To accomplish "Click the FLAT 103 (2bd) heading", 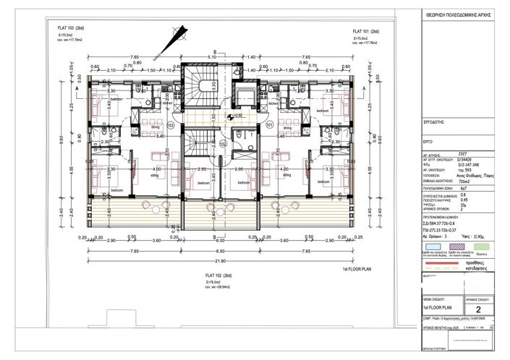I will click(72, 27).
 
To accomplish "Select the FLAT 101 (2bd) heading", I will click(366, 32).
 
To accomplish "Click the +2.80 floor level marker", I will click(235, 116).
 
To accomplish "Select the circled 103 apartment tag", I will click(171, 125).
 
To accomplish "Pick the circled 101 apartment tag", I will click(268, 125).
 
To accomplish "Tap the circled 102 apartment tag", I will click(223, 144).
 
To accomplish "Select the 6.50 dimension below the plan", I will click(220, 251).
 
